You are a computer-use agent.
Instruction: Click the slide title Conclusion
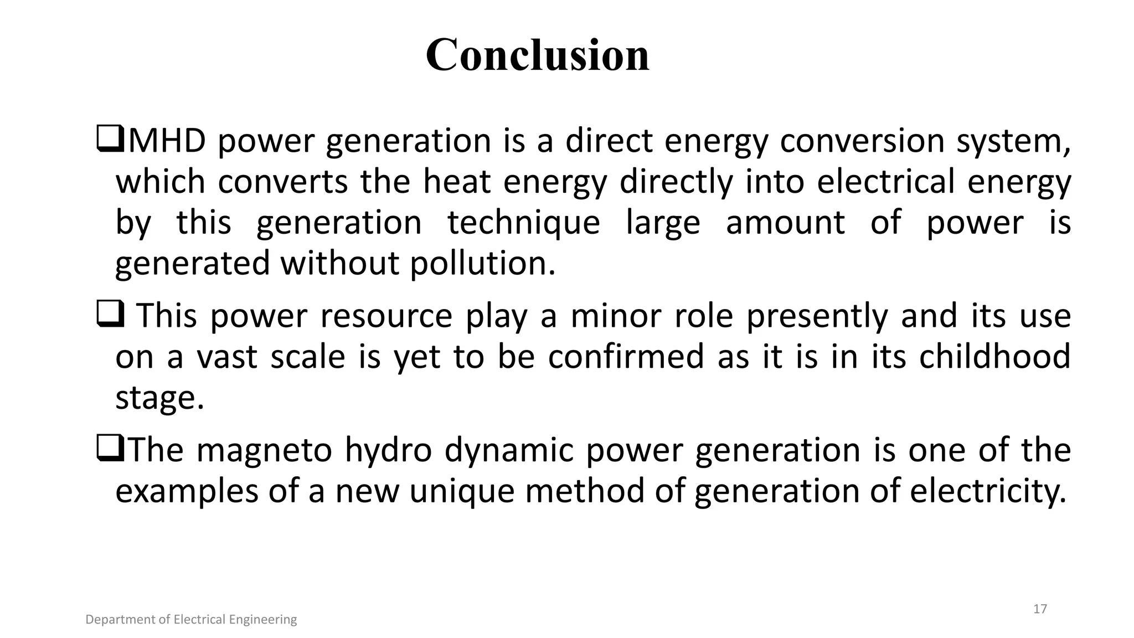click(x=537, y=55)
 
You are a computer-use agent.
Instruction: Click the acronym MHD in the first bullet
click(x=167, y=141)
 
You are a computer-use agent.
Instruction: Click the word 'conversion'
click(x=862, y=141)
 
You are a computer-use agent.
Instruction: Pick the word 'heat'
click(x=457, y=182)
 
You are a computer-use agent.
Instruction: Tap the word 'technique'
click(x=524, y=223)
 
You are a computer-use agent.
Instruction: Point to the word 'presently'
click(x=817, y=316)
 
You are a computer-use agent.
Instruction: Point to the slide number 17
click(x=1040, y=609)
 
